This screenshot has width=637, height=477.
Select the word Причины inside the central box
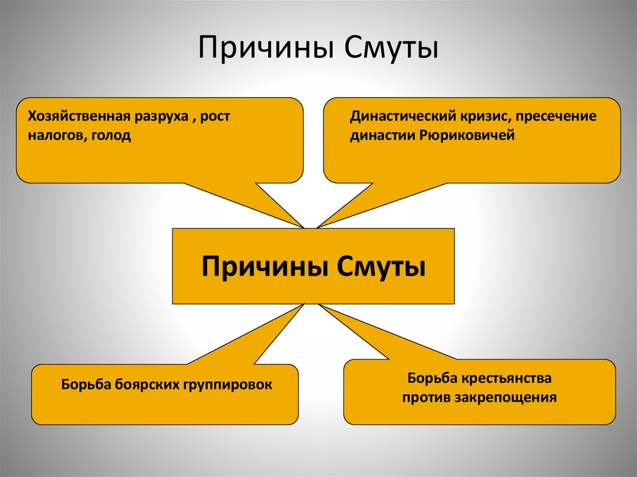(264, 266)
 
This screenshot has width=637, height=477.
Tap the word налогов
(52, 136)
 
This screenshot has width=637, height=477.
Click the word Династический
(394, 116)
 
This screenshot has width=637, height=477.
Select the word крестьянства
(506, 377)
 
